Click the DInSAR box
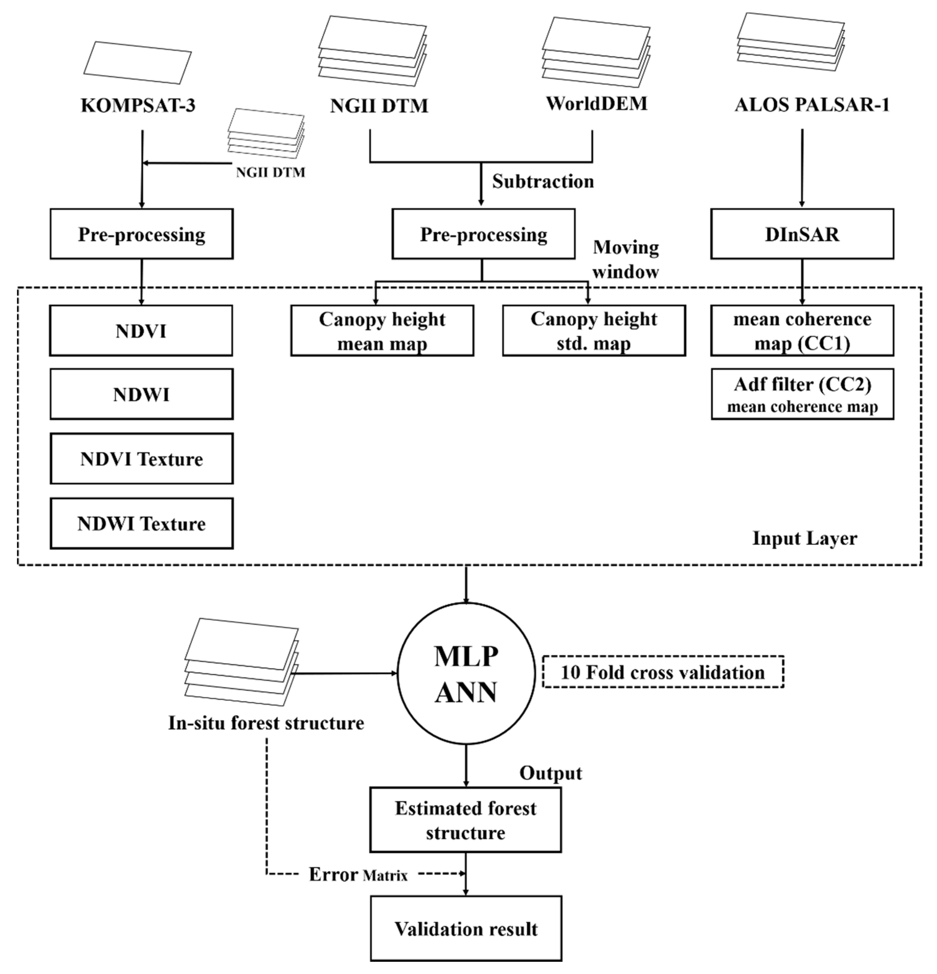click(x=801, y=234)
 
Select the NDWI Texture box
click(x=141, y=523)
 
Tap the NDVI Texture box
click(x=141, y=458)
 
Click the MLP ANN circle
click(x=466, y=673)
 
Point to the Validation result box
click(x=466, y=928)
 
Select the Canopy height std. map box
click(x=594, y=330)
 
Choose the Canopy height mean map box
click(x=382, y=330)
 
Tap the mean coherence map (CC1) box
click(x=802, y=330)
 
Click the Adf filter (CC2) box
click(x=802, y=394)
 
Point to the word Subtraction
click(x=543, y=181)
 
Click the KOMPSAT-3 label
click(x=138, y=105)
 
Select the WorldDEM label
click(x=596, y=103)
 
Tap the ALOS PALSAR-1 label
click(x=812, y=104)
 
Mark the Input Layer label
click(x=804, y=538)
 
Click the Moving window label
click(x=625, y=259)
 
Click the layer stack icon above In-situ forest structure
click(x=241, y=661)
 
